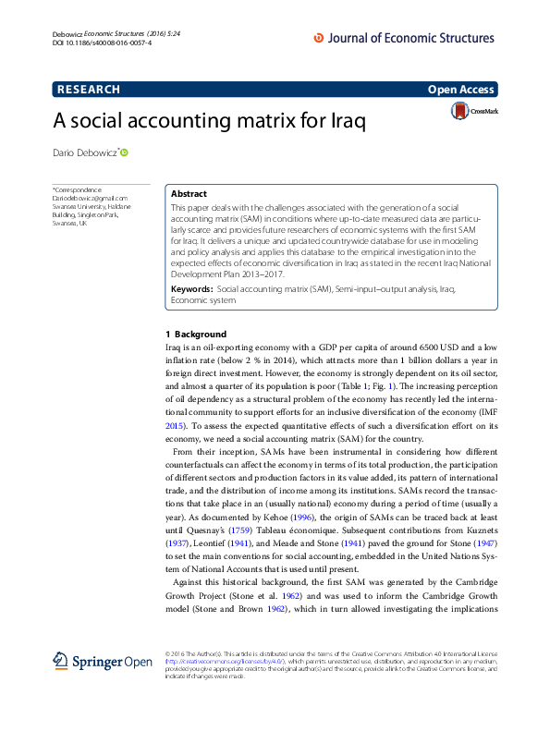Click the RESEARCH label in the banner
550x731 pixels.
[89, 90]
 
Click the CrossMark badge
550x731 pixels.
[473, 112]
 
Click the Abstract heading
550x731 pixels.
[189, 195]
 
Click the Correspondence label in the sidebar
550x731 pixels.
[77, 189]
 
